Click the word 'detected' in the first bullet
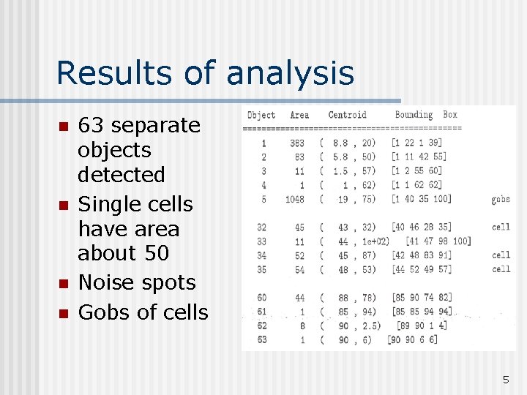tap(122, 174)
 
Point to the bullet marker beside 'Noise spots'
tap(63, 283)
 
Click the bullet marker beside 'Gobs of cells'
tap(63, 313)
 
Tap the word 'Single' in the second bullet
tap(110, 204)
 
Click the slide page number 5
tap(505, 379)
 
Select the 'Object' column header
tap(261, 115)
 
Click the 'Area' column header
tap(299, 115)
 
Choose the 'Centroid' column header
tap(347, 115)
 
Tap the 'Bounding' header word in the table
tap(414, 115)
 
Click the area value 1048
tap(295, 199)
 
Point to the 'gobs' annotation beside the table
tap(501, 199)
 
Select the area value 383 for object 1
tap(297, 143)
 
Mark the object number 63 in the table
tap(261, 339)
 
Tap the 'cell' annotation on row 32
tap(501, 227)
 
